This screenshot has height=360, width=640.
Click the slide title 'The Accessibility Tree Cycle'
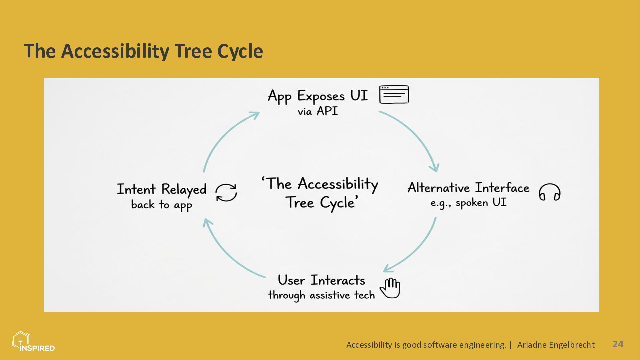[x=143, y=51]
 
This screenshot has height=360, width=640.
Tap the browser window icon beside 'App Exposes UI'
[x=394, y=95]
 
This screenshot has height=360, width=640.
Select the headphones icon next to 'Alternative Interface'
[x=549, y=192]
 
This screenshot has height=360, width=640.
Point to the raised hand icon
[x=390, y=288]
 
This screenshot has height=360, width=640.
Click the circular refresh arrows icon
[x=226, y=193]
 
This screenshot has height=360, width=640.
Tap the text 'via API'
[x=318, y=111]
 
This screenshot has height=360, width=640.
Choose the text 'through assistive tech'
[x=321, y=295]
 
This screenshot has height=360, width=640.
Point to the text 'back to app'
[x=162, y=205]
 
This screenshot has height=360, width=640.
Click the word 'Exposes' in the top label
[x=321, y=96]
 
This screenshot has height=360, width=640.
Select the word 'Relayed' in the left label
[x=184, y=190]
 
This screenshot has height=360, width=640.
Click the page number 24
[x=618, y=344]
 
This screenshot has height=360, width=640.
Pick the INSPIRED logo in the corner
[x=33, y=342]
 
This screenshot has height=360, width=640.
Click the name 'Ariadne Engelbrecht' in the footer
[x=556, y=345]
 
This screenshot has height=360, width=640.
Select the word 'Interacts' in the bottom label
[x=338, y=280]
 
